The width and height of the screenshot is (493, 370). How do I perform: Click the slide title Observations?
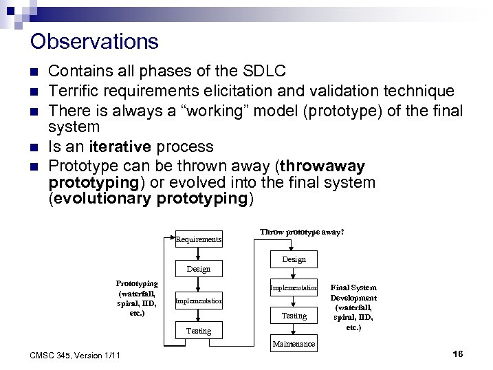tap(94, 41)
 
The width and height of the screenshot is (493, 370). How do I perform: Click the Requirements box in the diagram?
tap(198, 239)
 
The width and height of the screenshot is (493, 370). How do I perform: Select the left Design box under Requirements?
tap(198, 268)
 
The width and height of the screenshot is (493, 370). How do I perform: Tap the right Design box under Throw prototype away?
tap(294, 259)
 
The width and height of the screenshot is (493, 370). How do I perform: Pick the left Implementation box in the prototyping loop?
tap(198, 301)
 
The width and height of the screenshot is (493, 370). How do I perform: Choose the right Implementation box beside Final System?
tap(294, 287)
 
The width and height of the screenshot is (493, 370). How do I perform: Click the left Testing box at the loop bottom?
tap(198, 331)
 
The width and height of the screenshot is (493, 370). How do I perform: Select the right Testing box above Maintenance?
tap(294, 316)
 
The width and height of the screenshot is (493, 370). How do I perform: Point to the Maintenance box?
tap(294, 343)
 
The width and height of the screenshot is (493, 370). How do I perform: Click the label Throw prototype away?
tap(302, 232)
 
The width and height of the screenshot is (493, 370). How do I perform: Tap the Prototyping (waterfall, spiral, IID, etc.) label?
tap(137, 298)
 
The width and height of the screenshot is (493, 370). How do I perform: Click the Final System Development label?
tap(353, 307)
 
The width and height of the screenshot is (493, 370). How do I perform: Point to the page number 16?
tap(458, 353)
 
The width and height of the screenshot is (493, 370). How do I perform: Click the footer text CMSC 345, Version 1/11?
tap(76, 355)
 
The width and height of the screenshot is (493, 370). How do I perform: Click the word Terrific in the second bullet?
tap(74, 91)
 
